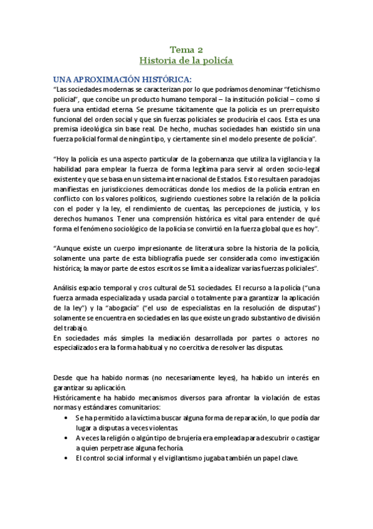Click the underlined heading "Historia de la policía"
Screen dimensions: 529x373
click(x=186, y=61)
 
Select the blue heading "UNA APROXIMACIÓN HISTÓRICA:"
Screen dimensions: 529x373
click(x=123, y=79)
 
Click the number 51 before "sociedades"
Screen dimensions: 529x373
click(x=183, y=288)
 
